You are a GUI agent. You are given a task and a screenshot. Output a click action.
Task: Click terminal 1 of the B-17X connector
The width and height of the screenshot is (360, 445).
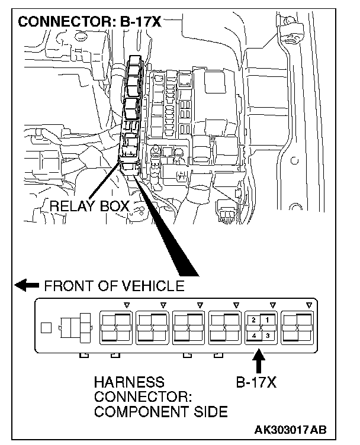(x=267, y=320)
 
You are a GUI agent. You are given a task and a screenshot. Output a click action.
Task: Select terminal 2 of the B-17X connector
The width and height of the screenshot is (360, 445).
(x=253, y=320)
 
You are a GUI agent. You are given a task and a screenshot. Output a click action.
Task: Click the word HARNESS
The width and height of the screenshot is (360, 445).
(x=129, y=382)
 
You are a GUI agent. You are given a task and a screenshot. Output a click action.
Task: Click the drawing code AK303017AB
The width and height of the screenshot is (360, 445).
(x=290, y=429)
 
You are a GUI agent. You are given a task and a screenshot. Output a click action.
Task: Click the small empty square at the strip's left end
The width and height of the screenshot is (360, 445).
(x=46, y=327)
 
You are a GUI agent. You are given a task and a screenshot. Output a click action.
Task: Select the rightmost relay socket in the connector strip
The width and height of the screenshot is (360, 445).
(x=297, y=327)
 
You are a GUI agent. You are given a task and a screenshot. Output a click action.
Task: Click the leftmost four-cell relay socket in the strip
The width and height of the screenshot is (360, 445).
(x=115, y=327)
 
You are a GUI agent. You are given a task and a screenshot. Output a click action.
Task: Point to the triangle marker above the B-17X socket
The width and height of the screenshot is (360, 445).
(x=273, y=305)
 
